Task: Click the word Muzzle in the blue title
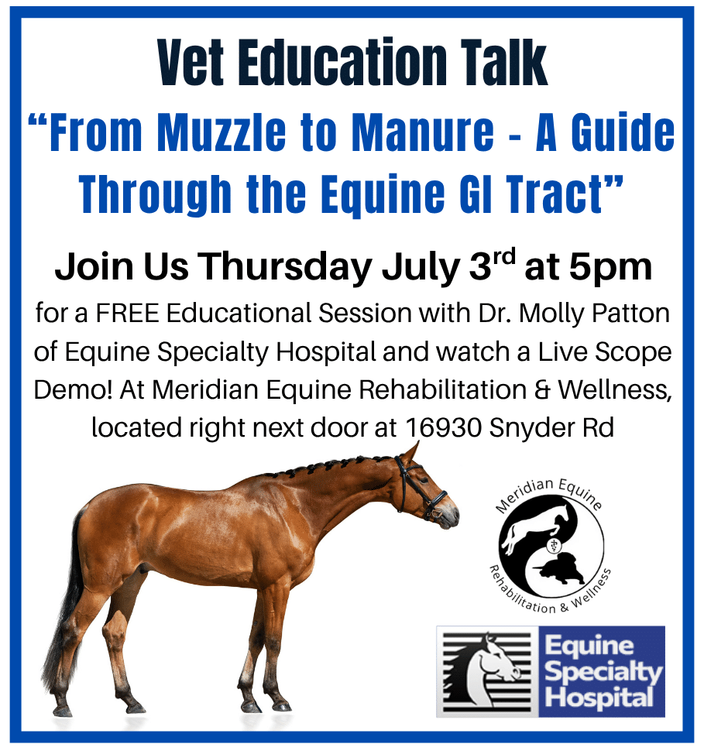[222, 132]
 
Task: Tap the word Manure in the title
[422, 132]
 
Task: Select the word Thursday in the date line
[285, 267]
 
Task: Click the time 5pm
[610, 268]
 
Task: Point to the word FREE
[127, 314]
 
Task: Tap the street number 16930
[443, 427]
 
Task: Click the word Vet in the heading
[191, 63]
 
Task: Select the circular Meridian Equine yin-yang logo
[551, 547]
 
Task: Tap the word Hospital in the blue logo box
[599, 697]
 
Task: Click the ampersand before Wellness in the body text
[542, 390]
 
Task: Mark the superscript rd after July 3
[504, 257]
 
